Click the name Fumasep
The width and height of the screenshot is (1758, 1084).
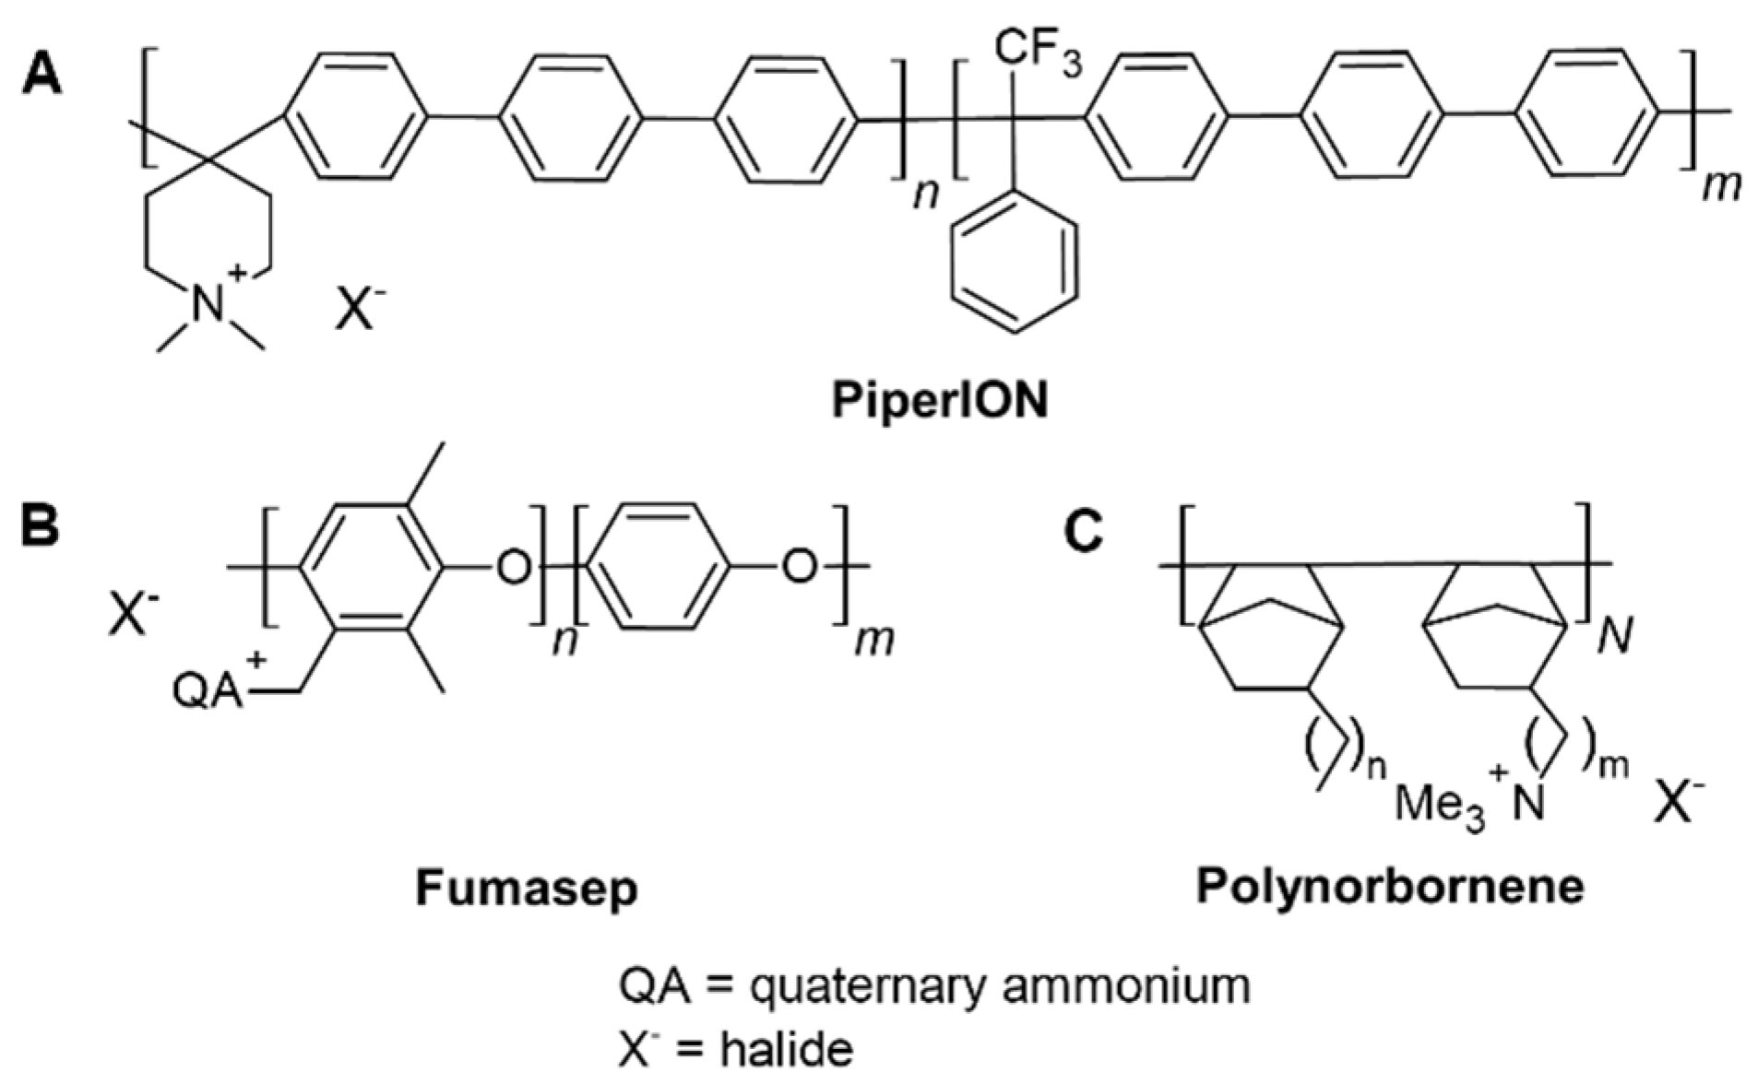(527, 889)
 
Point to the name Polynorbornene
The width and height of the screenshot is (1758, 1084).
(1390, 887)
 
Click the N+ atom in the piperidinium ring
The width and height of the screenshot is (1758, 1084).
(210, 303)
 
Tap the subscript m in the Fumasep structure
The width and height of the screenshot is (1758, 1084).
(873, 640)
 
